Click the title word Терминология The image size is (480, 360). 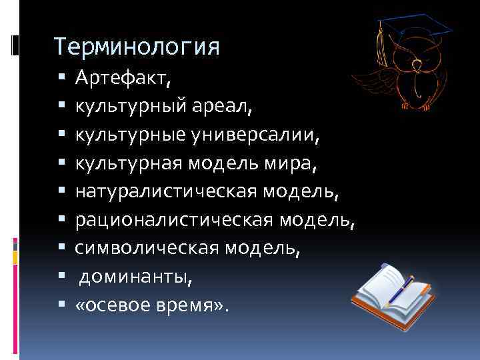(x=137, y=47)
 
